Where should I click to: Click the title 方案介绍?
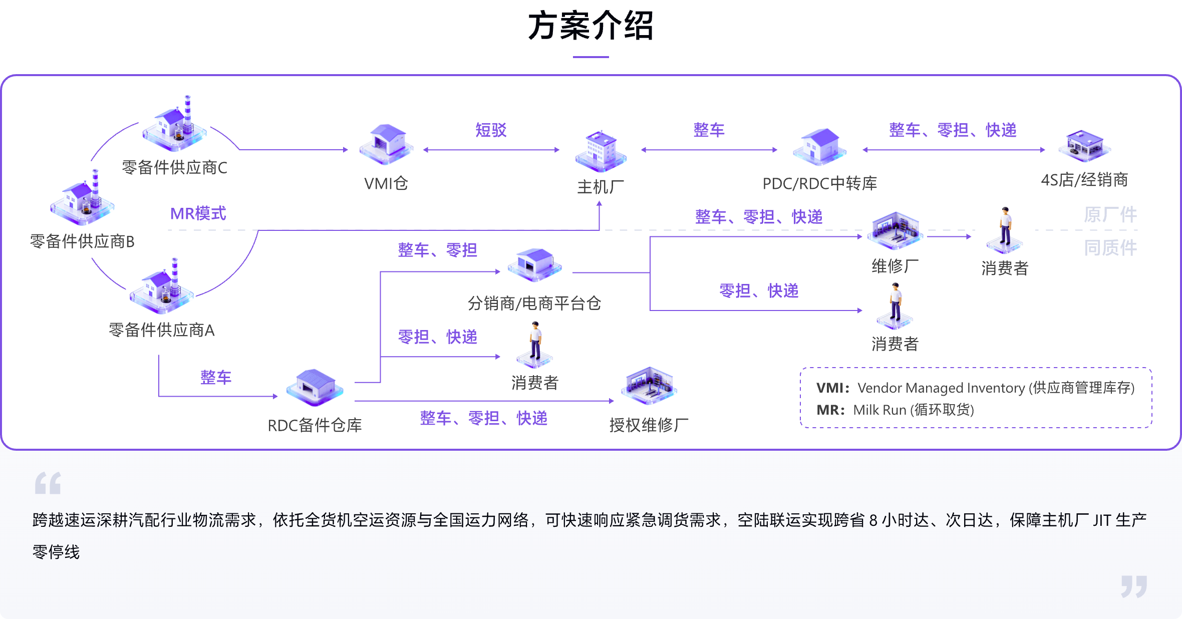[590, 26]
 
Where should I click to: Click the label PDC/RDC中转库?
[819, 184]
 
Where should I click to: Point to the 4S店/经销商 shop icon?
[1084, 146]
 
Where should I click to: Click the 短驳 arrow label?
[491, 130]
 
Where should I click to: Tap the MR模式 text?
[198, 214]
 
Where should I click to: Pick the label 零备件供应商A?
[161, 330]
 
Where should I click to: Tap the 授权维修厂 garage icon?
[649, 386]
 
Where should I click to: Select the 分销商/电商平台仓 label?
[534, 303]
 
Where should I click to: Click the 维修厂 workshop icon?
[895, 230]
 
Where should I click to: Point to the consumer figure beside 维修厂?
[1005, 230]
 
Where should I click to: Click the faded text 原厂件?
[1110, 215]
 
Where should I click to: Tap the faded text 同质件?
[1110, 248]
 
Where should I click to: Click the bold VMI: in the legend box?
[832, 388]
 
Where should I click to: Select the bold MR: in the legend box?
[830, 410]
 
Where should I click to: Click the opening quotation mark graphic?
[48, 483]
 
